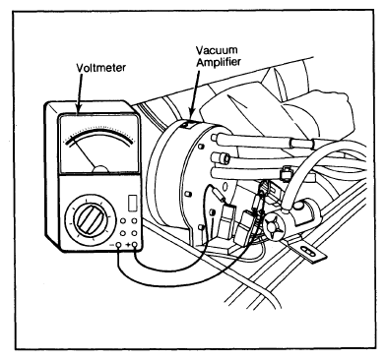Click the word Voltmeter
point(100,68)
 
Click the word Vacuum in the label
point(217,50)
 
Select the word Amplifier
point(218,61)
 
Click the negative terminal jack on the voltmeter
point(118,245)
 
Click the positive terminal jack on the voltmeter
point(134,245)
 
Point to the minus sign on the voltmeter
point(112,245)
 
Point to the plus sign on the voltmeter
point(127,245)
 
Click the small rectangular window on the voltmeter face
point(133,204)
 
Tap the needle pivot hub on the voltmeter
point(100,168)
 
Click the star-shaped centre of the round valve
point(274,227)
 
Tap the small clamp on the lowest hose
point(285,173)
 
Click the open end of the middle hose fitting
point(225,158)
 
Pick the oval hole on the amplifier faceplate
point(225,188)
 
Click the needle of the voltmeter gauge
point(83,150)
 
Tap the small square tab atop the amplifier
point(187,125)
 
